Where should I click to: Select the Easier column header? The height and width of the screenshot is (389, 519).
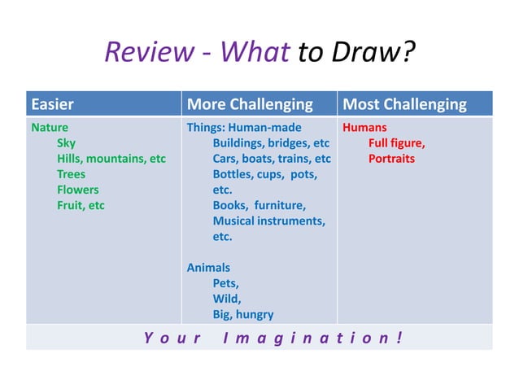click(53, 104)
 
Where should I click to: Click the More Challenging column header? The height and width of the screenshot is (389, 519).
click(250, 104)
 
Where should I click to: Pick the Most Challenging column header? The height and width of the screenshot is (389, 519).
click(405, 104)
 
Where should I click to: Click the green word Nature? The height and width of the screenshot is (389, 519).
click(50, 128)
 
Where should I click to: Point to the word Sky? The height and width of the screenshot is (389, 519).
click(66, 143)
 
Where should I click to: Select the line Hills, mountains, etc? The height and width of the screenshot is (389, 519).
click(111, 159)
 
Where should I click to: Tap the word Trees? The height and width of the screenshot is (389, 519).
click(71, 174)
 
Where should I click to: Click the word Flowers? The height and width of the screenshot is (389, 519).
click(77, 190)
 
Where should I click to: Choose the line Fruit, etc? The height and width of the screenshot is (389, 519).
click(81, 205)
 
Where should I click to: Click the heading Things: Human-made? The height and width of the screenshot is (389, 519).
click(244, 128)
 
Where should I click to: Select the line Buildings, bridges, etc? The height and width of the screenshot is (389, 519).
click(271, 143)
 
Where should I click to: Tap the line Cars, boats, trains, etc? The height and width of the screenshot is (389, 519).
click(272, 159)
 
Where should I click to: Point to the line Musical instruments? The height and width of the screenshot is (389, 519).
click(268, 221)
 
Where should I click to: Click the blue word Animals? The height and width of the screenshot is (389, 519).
click(208, 268)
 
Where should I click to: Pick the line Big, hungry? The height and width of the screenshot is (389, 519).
click(243, 314)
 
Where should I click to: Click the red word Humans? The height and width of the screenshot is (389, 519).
click(364, 128)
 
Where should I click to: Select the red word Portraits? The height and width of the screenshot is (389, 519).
click(391, 159)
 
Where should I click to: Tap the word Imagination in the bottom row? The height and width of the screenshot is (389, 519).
click(312, 337)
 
